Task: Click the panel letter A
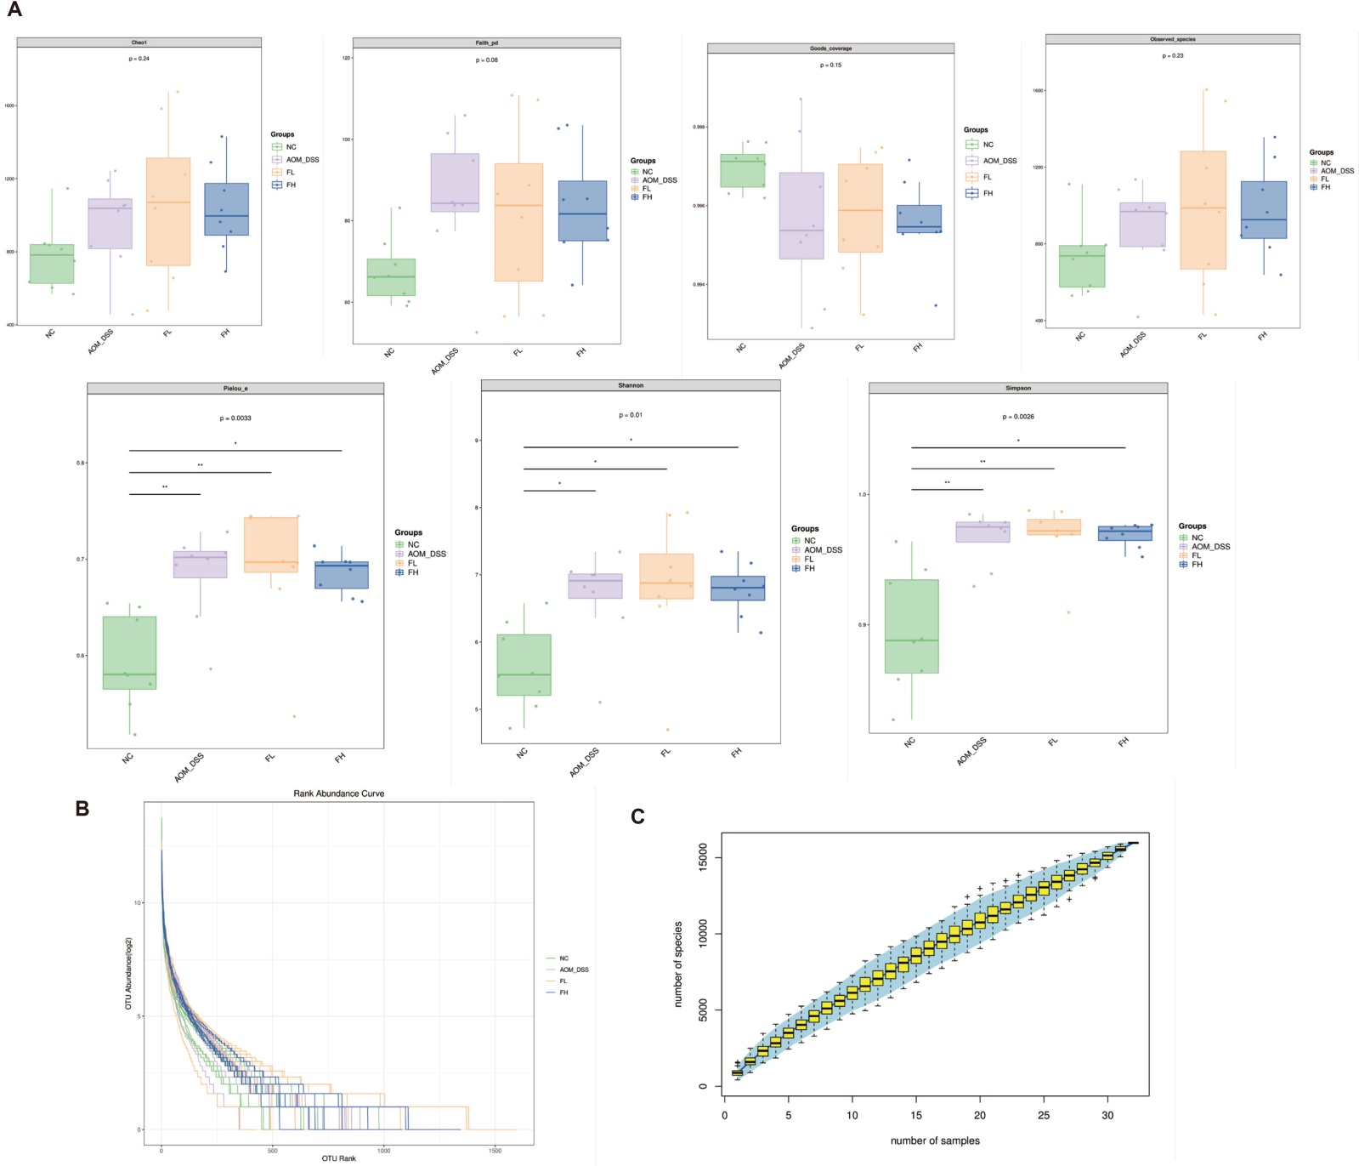coord(14,10)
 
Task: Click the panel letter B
coord(82,809)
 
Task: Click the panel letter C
coord(637,817)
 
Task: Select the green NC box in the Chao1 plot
coord(52,264)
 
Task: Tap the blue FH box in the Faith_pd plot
coord(582,211)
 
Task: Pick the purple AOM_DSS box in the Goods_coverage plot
coord(801,216)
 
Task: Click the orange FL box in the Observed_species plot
coord(1203,210)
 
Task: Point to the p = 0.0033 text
coord(235,418)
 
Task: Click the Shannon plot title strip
coord(631,386)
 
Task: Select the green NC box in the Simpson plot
coord(912,626)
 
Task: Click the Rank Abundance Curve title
coord(339,793)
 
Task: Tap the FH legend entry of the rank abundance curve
coord(563,993)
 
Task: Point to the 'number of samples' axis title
coord(935,1140)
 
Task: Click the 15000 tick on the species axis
coord(703,857)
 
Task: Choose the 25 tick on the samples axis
coord(1044,1115)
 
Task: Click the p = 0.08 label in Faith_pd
coord(487,60)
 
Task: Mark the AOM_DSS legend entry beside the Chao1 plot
coord(302,160)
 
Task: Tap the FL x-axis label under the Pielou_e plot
coord(270,757)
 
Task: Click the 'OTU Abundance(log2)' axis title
coord(129,973)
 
